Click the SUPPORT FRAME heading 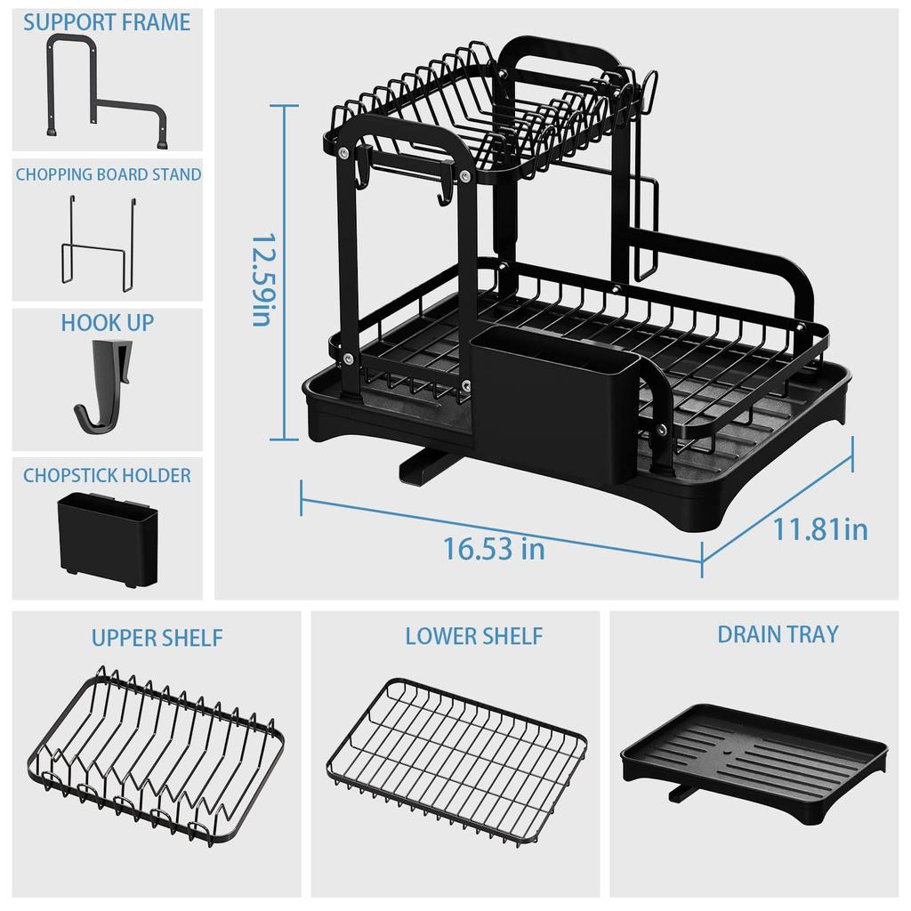point(107,22)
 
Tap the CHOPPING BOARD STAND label point(108,174)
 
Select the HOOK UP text point(107,322)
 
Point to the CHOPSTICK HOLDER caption point(107,475)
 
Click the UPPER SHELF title point(157,638)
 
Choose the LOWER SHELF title point(473,636)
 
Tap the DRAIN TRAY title point(778,634)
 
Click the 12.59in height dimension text point(261,280)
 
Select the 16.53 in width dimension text point(495,548)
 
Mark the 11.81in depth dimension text point(819,530)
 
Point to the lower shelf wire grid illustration point(456,756)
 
